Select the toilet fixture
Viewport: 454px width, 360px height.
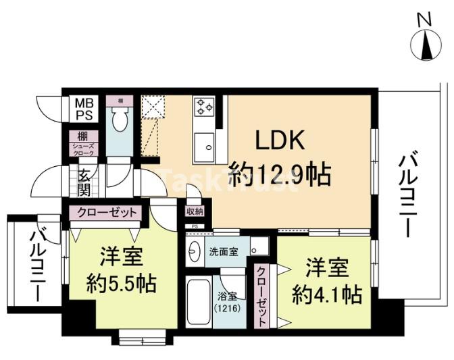pos(120,120)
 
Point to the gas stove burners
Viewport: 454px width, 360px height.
pos(204,106)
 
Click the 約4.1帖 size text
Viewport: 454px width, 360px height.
pos(326,294)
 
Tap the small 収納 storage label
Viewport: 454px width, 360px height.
pos(195,211)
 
